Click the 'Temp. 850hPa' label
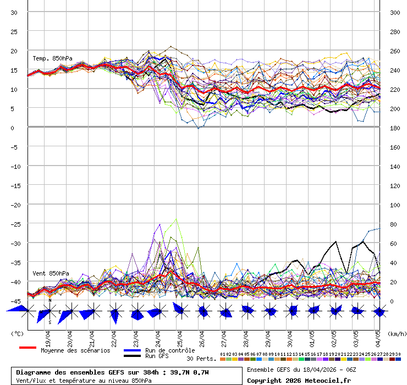[x=52, y=58]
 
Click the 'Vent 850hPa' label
[x=51, y=273]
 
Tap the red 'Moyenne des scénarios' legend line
[x=28, y=348]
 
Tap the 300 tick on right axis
[x=395, y=13]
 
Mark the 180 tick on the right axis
[x=395, y=128]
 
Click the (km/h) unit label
[x=396, y=333]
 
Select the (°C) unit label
[x=18, y=333]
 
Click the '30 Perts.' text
[x=201, y=359]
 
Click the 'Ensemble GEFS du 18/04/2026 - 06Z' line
[x=301, y=370]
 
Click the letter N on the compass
[x=50, y=300]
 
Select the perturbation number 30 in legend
[x=398, y=354]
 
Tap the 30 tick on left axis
[x=14, y=13]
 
